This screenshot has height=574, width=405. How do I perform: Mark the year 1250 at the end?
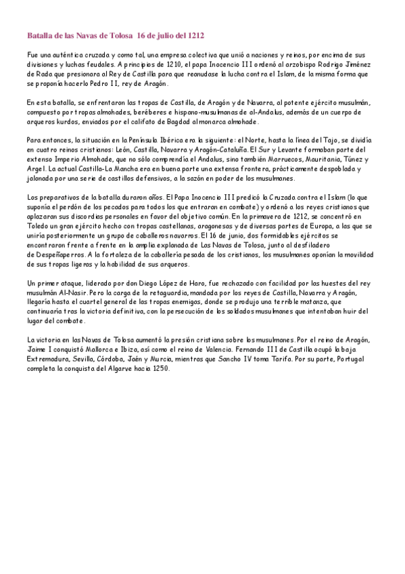160,369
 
